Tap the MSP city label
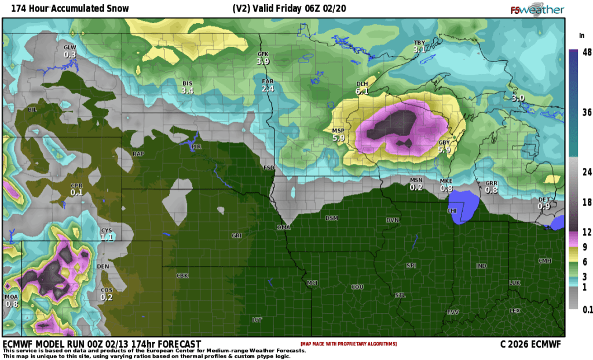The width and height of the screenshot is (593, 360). point(339,131)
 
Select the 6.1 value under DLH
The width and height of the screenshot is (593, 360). point(363,91)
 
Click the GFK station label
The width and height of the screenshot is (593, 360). point(263,54)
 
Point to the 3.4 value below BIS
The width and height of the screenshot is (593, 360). point(187,91)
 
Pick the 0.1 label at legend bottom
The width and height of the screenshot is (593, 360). point(587,310)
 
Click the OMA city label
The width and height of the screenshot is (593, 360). point(283,227)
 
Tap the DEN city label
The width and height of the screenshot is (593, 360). point(103,266)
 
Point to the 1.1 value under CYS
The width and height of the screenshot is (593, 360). point(107,237)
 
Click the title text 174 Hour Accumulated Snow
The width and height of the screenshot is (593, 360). point(66,9)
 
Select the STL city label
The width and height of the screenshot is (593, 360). point(400,296)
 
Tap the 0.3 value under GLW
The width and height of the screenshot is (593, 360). point(70,54)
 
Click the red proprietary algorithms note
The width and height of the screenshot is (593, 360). point(349,344)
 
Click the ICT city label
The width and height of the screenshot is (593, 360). point(257,319)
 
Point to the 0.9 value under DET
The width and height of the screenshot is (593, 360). point(543,207)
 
